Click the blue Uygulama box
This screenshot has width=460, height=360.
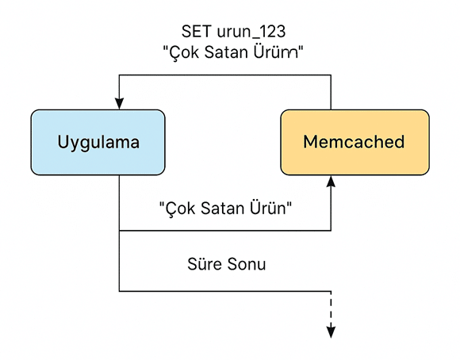click(x=98, y=142)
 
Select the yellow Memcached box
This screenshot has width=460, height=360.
click(x=355, y=142)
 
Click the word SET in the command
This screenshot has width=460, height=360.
click(x=196, y=32)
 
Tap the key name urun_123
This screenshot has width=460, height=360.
click(x=251, y=32)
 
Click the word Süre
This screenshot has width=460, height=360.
click(x=205, y=263)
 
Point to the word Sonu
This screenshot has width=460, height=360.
click(x=247, y=264)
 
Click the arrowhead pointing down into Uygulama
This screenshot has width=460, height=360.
click(x=119, y=104)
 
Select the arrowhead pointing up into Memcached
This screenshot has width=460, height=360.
click(x=331, y=182)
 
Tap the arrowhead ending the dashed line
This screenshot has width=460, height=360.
click(x=331, y=331)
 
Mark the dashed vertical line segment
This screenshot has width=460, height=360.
click(x=331, y=308)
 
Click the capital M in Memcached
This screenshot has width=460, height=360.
click(x=310, y=142)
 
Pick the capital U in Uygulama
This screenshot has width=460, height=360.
click(x=63, y=142)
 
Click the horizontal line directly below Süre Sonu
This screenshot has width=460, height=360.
click(x=225, y=291)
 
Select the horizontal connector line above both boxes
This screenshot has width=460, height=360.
click(x=225, y=75)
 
